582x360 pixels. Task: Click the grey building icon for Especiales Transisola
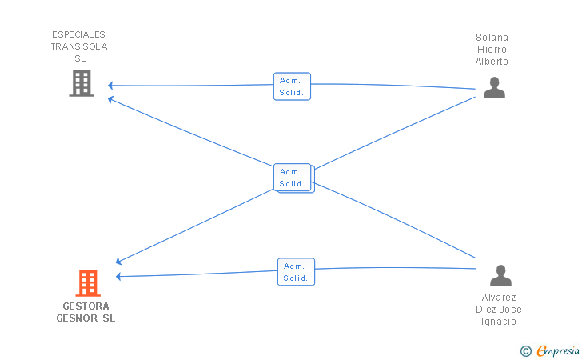click(x=82, y=83)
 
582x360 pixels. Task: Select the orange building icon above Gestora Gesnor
click(x=88, y=283)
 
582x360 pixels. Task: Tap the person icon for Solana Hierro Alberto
click(x=494, y=88)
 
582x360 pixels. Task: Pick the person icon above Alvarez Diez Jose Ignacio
click(x=500, y=276)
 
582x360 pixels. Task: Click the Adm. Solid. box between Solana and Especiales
click(x=292, y=86)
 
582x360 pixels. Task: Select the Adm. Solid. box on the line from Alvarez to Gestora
click(x=296, y=272)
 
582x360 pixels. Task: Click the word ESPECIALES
click(x=78, y=34)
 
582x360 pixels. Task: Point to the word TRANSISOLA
click(x=79, y=46)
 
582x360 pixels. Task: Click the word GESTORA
click(x=86, y=306)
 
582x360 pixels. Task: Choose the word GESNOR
click(x=77, y=318)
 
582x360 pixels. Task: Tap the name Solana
click(x=492, y=38)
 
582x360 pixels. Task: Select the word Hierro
click(x=492, y=50)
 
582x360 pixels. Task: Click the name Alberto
click(x=492, y=62)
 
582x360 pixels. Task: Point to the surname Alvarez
click(x=499, y=298)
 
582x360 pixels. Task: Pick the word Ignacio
click(x=499, y=322)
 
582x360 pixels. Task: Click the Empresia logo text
click(x=558, y=350)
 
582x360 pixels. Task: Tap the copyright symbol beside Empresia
click(x=525, y=351)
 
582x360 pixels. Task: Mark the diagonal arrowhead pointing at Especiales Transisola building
click(x=110, y=99)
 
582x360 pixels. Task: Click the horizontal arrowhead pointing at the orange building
click(x=118, y=277)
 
